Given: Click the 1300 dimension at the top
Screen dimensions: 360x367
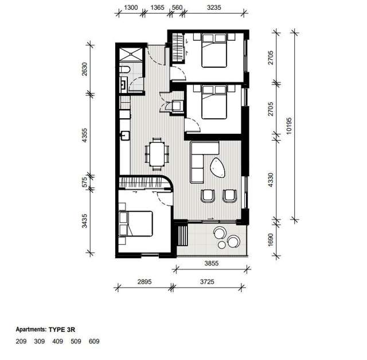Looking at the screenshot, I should coord(131,7).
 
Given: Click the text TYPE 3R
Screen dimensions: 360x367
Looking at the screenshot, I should coord(64,330).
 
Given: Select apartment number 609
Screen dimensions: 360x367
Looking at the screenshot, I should coord(95,342).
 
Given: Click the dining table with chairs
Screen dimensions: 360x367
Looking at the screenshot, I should coord(157,153).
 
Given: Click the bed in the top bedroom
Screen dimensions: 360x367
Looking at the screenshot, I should coord(213,52).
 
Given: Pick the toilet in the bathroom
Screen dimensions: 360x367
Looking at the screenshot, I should coord(123,71).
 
